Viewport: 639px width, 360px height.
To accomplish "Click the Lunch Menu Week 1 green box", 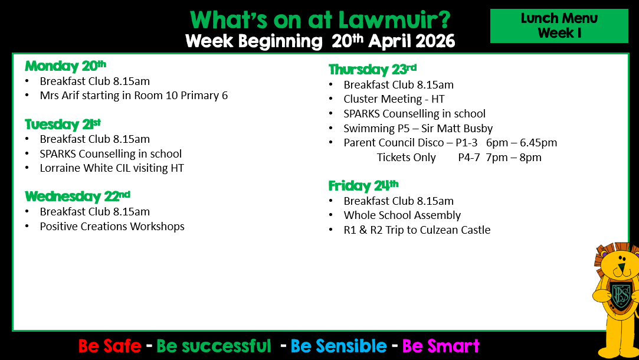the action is pos(559,26).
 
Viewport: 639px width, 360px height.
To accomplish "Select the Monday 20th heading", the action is pos(65,66).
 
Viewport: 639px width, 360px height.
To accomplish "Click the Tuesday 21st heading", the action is pos(63,124).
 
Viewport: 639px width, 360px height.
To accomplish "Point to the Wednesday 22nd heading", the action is pos(77,196).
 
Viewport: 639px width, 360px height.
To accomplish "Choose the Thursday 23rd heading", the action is pos(372,69).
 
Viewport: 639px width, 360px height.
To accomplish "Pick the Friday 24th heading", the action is pos(363,185).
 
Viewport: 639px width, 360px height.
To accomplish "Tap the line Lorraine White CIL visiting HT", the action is pos(112,168).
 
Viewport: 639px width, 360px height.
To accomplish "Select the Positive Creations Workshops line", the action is pos(112,226).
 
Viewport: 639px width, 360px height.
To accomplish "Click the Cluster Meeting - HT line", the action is pos(394,99).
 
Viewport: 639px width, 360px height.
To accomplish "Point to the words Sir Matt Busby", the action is pos(457,129).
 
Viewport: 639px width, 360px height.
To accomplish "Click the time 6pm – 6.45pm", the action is pos(521,143).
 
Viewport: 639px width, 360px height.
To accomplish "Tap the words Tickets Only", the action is pos(406,158).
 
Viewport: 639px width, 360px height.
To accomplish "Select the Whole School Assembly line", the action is pos(402,215).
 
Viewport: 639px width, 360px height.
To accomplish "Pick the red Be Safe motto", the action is pos(110,346).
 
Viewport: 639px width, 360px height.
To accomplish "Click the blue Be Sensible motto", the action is pos(339,346).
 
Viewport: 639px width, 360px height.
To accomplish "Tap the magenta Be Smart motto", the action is pos(441,346).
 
